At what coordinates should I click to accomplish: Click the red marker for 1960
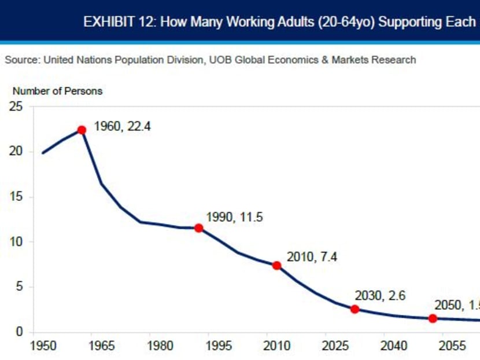click(x=82, y=130)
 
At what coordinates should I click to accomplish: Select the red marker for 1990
click(x=198, y=228)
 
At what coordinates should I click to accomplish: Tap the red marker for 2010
click(x=276, y=266)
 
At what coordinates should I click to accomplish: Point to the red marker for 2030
click(x=355, y=309)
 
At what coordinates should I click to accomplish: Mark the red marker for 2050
click(x=433, y=318)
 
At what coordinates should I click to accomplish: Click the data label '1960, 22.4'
click(x=122, y=126)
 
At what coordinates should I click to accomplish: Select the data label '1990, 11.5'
click(x=234, y=218)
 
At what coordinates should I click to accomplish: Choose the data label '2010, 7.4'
click(x=312, y=257)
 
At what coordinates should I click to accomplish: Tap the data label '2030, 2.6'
click(x=380, y=296)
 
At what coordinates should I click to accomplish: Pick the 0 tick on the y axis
click(x=20, y=332)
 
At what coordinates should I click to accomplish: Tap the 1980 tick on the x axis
click(x=160, y=346)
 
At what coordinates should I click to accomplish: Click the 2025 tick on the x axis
click(x=335, y=346)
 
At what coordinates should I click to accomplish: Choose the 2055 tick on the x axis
click(x=452, y=346)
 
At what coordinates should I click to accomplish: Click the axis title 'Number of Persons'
click(x=57, y=91)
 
